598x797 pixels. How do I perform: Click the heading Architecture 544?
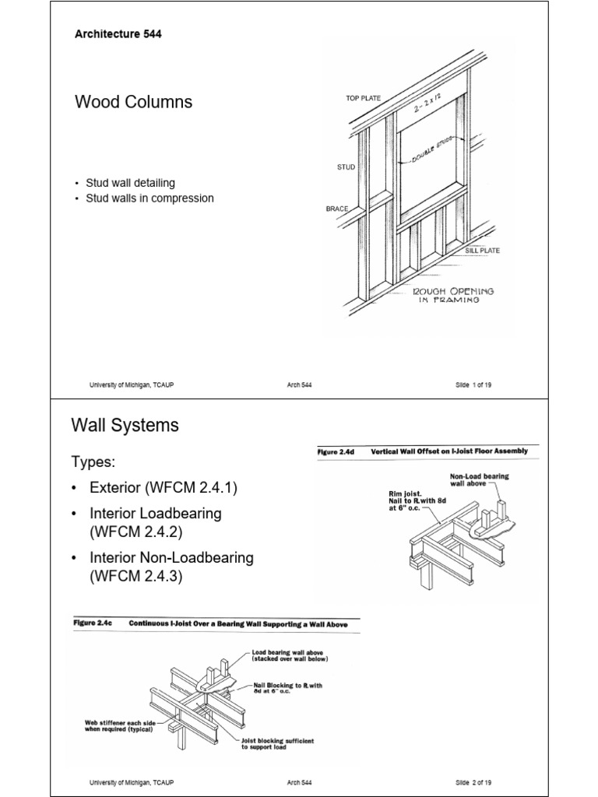pos(118,34)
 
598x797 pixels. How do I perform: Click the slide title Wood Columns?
pos(133,102)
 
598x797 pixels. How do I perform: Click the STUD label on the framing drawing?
pos(346,167)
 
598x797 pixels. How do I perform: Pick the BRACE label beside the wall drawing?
pos(336,209)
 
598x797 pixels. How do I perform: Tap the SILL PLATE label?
pos(483,251)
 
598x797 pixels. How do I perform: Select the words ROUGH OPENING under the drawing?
pos(453,291)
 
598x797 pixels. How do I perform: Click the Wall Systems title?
pos(125,425)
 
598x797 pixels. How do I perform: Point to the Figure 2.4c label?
pos(94,623)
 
